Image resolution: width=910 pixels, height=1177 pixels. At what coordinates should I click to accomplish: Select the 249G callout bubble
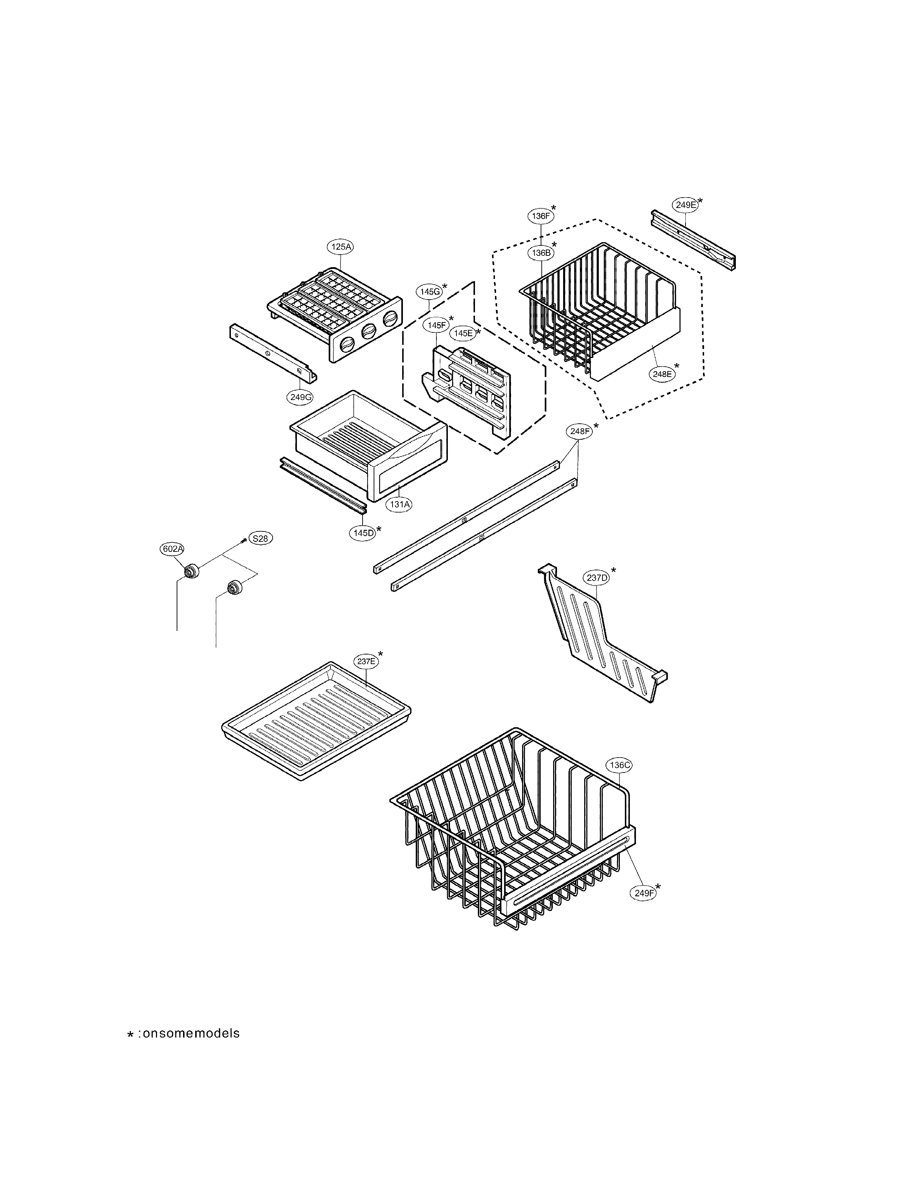pos(300,398)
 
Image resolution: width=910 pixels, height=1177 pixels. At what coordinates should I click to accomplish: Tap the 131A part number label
pos(399,504)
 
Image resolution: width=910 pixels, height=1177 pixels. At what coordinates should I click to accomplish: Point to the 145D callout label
pos(363,533)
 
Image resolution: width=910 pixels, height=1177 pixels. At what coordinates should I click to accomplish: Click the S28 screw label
pos(260,538)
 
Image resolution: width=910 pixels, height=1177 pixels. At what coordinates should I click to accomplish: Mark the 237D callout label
pos(597,578)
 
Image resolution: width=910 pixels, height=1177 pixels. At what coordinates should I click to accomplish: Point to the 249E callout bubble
pos(685,204)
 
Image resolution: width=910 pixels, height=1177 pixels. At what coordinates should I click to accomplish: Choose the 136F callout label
pos(540,215)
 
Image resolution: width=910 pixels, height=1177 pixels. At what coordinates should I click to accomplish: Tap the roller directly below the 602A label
pos(190,571)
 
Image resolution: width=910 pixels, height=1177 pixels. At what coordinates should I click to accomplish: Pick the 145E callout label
pos(462,333)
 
